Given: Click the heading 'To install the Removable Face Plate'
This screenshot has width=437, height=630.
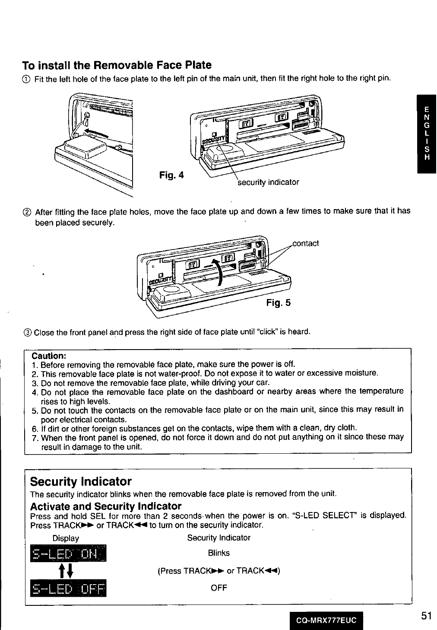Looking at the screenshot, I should tap(117, 66).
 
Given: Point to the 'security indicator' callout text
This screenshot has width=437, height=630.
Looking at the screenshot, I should tap(269, 182).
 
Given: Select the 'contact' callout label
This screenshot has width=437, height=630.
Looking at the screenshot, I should tap(306, 243).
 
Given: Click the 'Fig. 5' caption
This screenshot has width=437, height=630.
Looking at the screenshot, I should tap(278, 302).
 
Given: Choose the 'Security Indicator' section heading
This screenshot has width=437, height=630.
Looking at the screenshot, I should tap(81, 481).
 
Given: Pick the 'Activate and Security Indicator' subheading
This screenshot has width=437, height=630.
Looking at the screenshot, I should tap(106, 506).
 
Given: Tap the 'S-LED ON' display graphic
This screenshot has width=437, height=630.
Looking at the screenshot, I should tap(68, 554).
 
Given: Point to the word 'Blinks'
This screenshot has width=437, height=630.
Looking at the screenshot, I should tap(218, 553).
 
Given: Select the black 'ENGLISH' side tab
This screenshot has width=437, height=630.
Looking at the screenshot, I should tap(427, 134).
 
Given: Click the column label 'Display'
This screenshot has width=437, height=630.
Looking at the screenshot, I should tap(66, 538).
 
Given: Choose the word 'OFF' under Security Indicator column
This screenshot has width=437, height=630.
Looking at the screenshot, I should tap(218, 588).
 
